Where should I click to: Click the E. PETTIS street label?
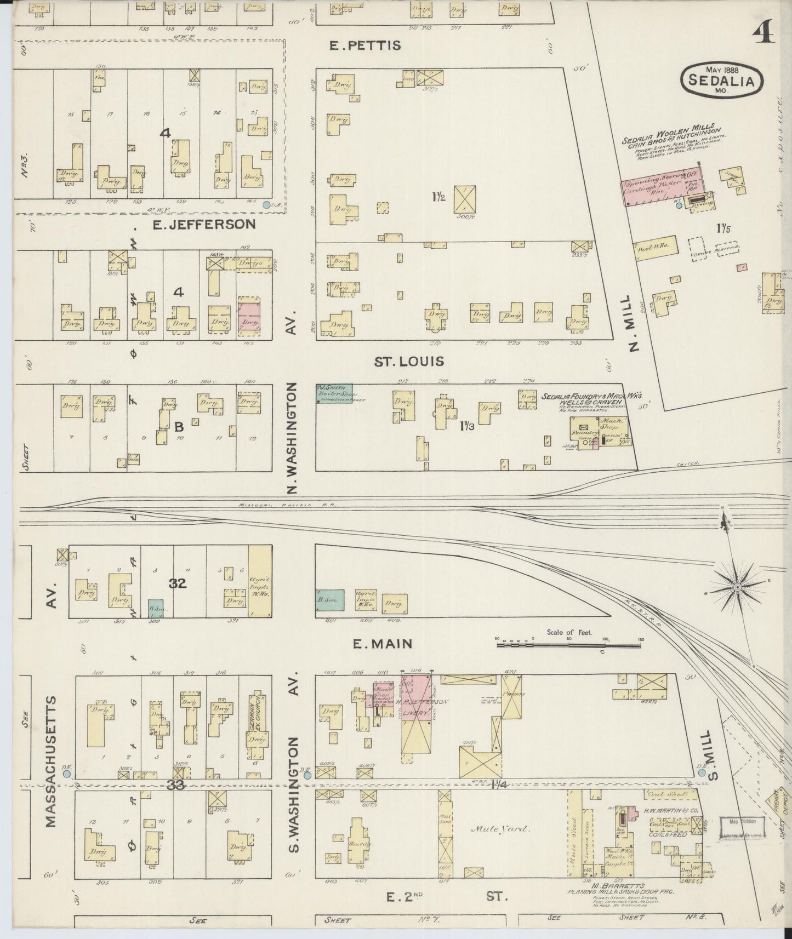[x=365, y=45]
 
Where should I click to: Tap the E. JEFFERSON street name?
[x=204, y=224]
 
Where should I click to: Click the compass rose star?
[x=738, y=587]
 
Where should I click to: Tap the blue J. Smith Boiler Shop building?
[x=334, y=393]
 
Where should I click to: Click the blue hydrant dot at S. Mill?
[x=702, y=772]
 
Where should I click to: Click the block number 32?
[x=178, y=583]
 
